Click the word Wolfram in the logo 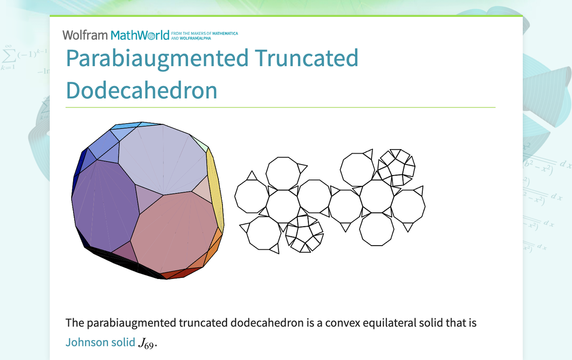pyautogui.click(x=85, y=35)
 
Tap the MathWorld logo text pyautogui.click(x=140, y=35)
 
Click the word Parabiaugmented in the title pyautogui.click(x=157, y=58)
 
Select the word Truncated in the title pyautogui.click(x=306, y=58)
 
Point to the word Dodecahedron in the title pyautogui.click(x=142, y=90)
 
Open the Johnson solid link pyautogui.click(x=100, y=342)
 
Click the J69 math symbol pyautogui.click(x=147, y=343)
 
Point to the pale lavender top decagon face pyautogui.click(x=163, y=159)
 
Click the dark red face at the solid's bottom pyautogui.click(x=181, y=273)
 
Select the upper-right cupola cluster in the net pyautogui.click(x=396, y=168)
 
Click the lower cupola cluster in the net pyautogui.click(x=304, y=234)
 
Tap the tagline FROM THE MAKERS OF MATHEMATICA pyautogui.click(x=204, y=33)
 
